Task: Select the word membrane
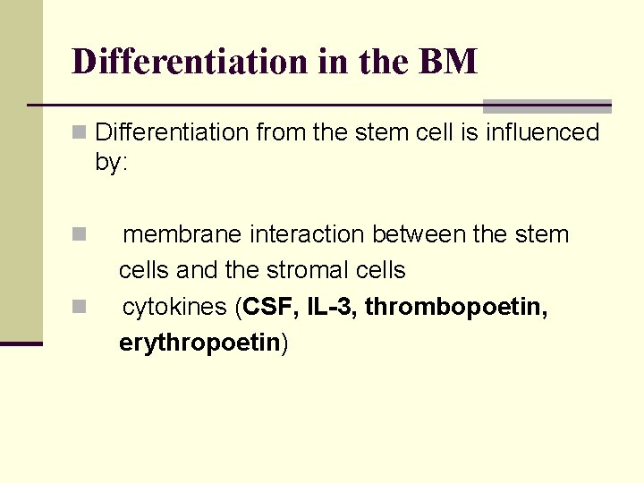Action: [x=182, y=234]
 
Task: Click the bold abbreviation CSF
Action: [x=270, y=307]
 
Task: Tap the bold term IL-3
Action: [x=331, y=307]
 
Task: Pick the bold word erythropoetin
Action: [x=199, y=343]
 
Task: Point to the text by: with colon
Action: [x=112, y=165]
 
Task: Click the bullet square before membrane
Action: [x=79, y=235]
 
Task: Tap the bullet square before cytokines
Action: [x=79, y=308]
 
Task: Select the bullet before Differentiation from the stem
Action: [x=79, y=133]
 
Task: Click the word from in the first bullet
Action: [x=277, y=132]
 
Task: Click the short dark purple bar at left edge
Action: [x=21, y=343]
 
